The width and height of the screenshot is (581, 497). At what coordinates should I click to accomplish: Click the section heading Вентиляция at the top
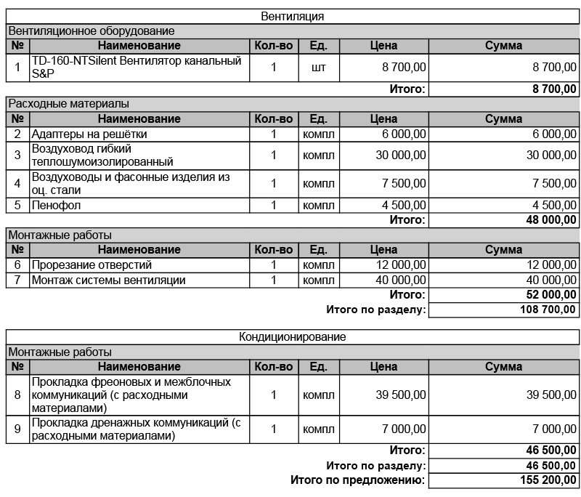point(292,16)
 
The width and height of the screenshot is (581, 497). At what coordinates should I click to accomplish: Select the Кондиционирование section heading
point(292,337)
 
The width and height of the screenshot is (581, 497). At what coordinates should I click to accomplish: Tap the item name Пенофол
point(56,206)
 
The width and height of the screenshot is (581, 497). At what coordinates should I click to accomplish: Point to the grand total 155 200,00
point(548,480)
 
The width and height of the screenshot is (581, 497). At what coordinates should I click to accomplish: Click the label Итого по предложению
point(357,480)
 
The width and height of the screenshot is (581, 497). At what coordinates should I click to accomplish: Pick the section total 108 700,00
point(548,310)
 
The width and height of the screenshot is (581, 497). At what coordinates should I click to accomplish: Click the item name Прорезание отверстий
point(92,265)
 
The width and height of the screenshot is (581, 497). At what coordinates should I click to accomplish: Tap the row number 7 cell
point(17,280)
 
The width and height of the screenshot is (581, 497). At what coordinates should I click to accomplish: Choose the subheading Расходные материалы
point(68,104)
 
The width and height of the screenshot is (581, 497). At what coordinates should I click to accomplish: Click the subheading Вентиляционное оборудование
point(92,31)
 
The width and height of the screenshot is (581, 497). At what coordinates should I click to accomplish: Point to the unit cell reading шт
point(318,68)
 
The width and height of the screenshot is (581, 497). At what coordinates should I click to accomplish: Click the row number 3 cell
point(17,155)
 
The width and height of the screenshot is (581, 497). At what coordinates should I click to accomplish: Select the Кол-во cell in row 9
point(274,429)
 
